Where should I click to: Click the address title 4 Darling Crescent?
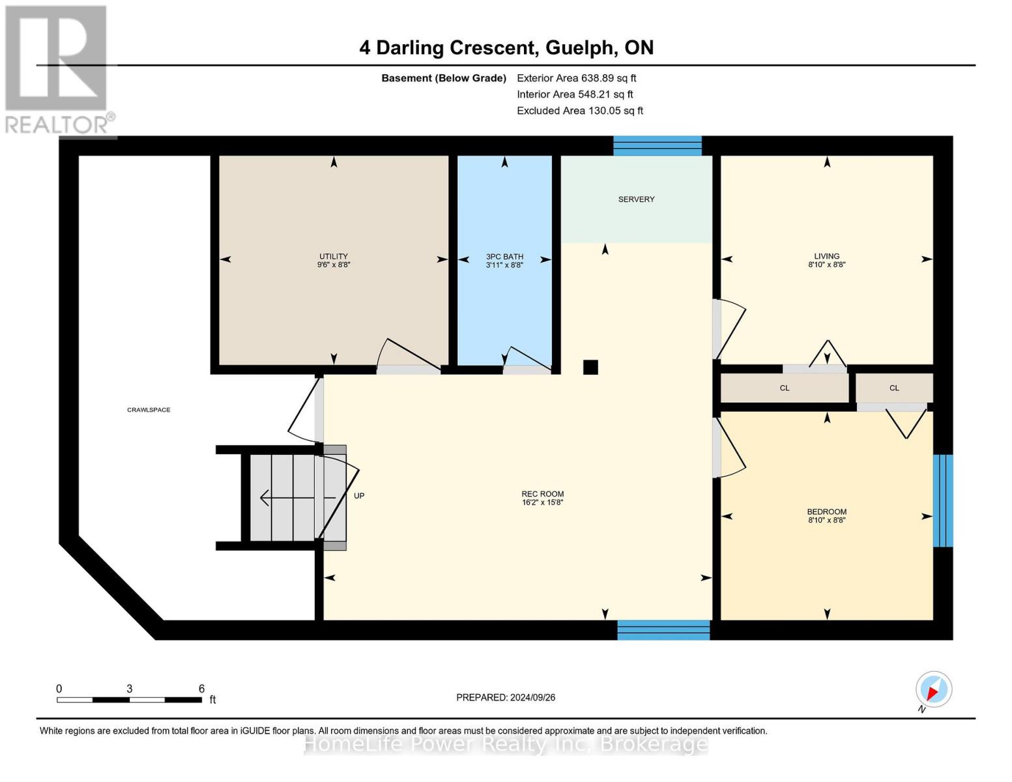506,48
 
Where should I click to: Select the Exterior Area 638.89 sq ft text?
576,78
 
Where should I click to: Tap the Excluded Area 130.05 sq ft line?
579,111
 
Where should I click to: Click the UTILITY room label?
333,256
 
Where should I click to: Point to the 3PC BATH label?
504,257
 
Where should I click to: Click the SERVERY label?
636,199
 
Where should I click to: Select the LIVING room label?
826,256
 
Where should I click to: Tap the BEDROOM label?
826,512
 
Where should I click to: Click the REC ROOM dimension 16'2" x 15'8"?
542,503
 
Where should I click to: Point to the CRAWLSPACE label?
149,410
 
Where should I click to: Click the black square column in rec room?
590,367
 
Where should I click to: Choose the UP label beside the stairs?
359,496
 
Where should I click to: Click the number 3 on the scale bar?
130,689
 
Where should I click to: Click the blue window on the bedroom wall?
942,500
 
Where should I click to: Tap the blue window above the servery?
657,146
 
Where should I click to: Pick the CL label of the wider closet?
785,388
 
